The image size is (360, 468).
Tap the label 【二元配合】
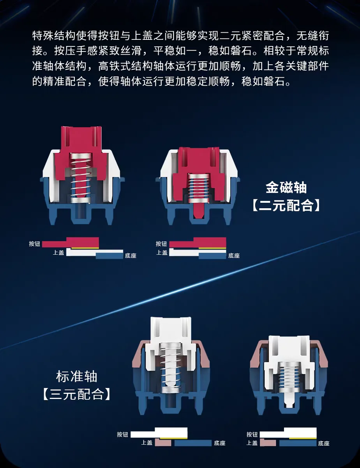[286, 205]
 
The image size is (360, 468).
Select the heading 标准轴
[77, 376]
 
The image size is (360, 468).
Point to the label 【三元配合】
[77, 394]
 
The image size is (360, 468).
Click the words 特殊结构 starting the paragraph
[54, 35]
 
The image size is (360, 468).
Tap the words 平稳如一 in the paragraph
[175, 51]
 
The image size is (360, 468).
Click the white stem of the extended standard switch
[171, 336]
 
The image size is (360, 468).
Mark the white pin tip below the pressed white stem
[289, 400]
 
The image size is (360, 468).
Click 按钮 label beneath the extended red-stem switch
[35, 244]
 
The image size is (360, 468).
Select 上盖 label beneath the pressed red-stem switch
[162, 252]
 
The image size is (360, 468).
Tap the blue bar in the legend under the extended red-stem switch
[109, 255]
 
